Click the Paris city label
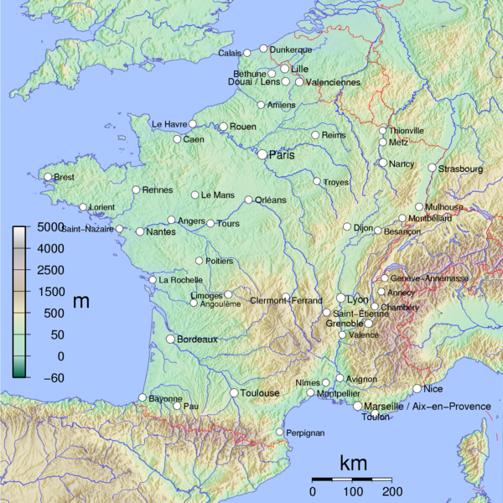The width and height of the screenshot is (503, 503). [283, 154]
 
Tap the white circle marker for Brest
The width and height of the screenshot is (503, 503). [48, 177]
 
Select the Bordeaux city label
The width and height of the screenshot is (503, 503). [197, 340]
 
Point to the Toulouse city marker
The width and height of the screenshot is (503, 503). [234, 393]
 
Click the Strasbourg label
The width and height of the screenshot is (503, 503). [462, 169]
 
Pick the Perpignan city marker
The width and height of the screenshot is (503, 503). [279, 433]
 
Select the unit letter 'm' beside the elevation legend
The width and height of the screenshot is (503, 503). [81, 301]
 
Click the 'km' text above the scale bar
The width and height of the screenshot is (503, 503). [352, 463]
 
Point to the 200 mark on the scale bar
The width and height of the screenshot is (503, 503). [391, 491]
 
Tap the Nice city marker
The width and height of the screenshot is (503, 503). [417, 389]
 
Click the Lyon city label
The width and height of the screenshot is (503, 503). [358, 299]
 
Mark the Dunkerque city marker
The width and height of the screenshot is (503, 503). [263, 49]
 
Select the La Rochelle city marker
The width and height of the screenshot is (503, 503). [153, 280]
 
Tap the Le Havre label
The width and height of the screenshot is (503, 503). [169, 124]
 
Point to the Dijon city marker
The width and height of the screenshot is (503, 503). [347, 227]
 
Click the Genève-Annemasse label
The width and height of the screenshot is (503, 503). [429, 278]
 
